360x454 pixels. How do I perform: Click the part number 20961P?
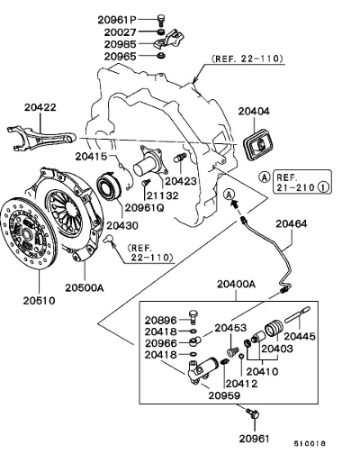click(117, 20)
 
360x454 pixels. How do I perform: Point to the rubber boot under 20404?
click(259, 145)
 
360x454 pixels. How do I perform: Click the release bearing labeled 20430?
click(109, 185)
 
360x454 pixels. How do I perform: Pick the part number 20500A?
click(85, 287)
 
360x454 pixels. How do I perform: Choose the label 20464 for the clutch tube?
click(292, 224)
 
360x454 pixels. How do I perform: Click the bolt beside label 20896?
click(193, 317)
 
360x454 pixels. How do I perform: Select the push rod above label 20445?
click(297, 314)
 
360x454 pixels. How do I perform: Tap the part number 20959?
click(224, 395)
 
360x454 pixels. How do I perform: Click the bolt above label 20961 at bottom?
click(252, 413)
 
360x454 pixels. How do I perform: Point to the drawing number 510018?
click(310, 443)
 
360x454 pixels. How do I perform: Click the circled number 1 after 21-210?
click(323, 187)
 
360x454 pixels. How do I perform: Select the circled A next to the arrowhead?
click(229, 195)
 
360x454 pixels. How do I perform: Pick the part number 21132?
click(162, 195)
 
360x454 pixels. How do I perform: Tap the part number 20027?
click(120, 32)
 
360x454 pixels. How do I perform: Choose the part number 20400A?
click(236, 284)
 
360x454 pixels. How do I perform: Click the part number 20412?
click(241, 384)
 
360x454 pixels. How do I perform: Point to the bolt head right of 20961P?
click(161, 19)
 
